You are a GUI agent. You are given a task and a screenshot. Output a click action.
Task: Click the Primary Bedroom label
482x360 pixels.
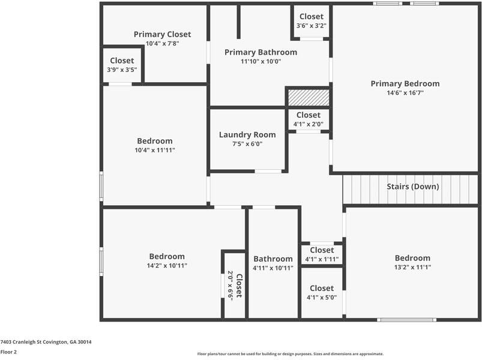tap(405, 84)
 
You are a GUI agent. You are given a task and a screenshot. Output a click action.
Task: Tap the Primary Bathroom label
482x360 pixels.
tap(261, 52)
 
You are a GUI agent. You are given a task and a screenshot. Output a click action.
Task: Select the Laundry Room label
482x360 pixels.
tap(247, 135)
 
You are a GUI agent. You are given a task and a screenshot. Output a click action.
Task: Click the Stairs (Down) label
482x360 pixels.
tap(412, 187)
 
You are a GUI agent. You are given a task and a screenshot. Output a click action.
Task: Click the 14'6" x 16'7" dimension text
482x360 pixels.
tap(405, 93)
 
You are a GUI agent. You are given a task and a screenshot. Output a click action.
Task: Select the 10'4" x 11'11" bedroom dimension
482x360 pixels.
tap(154, 150)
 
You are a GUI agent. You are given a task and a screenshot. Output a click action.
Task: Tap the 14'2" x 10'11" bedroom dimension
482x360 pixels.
tap(167, 265)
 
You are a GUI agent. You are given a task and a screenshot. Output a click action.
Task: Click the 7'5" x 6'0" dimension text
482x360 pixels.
tap(247, 144)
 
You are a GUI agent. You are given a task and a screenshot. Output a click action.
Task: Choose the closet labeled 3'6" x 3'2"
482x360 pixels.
tap(311, 21)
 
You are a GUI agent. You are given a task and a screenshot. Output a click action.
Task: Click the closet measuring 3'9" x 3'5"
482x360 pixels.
tap(122, 65)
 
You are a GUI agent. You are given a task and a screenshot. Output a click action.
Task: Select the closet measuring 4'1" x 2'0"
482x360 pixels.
tap(308, 119)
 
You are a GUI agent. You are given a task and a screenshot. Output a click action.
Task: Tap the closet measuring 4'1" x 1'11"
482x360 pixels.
tap(322, 254)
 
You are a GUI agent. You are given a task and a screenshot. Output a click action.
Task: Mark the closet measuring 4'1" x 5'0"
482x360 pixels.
tap(322, 292)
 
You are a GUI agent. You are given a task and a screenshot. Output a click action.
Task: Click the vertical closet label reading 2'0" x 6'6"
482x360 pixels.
tap(234, 285)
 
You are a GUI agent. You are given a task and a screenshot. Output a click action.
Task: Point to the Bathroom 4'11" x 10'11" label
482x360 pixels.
tap(273, 263)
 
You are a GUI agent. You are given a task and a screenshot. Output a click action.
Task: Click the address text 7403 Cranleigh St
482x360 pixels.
tap(46, 342)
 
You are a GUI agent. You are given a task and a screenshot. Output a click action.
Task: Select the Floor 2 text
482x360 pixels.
tap(8, 352)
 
